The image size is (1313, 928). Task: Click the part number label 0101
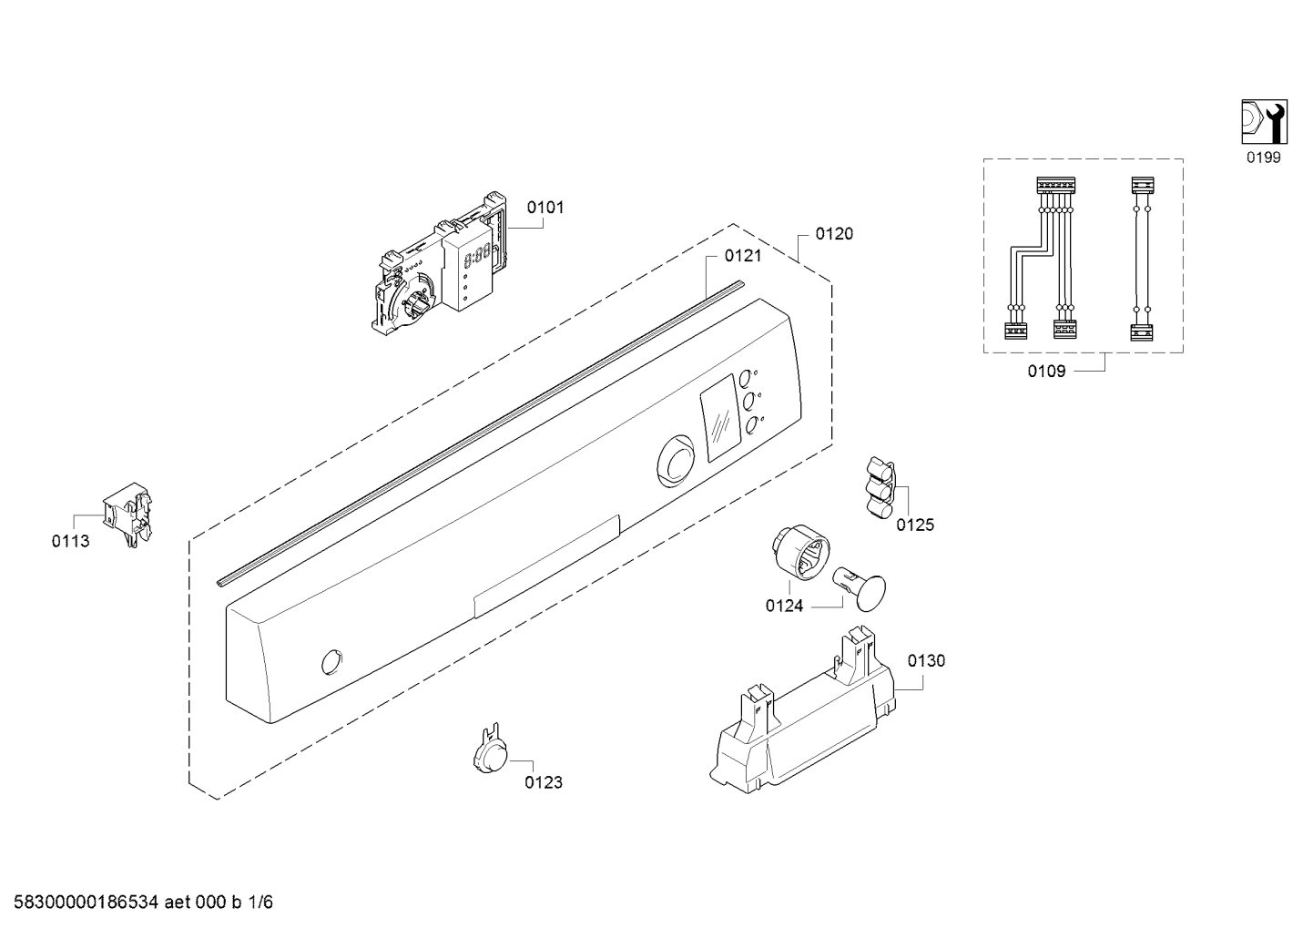545,208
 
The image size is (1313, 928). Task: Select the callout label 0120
834,234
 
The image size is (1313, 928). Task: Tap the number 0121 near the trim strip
743,256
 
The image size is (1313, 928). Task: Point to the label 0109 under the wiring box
1046,371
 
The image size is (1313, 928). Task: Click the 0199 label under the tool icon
1263,158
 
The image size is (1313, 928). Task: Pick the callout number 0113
70,541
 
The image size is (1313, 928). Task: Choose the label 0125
915,525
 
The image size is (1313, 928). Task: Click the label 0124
784,606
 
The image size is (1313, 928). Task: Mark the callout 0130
926,660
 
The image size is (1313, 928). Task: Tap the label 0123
544,782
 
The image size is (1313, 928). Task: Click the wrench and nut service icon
1265,122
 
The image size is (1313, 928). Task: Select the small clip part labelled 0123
490,748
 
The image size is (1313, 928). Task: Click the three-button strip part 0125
880,488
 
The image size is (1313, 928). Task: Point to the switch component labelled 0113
127,515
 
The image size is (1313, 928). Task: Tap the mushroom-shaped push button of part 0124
860,588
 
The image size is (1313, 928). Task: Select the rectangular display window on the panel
720,417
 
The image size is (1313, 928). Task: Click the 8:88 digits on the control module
474,256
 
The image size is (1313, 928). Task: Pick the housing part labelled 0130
802,710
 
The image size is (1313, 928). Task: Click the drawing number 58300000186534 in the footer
87,903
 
